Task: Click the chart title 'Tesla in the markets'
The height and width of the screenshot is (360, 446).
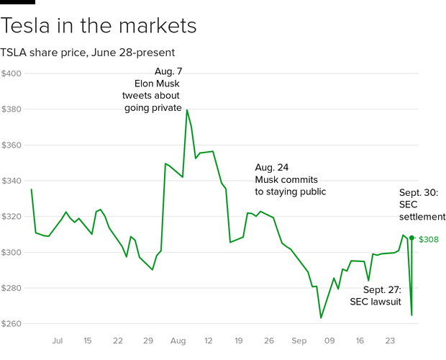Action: [99, 27]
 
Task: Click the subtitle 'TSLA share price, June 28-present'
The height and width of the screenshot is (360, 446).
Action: [88, 53]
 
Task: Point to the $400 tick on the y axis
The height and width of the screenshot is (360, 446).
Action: [12, 73]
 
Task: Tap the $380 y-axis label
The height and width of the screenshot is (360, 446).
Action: [12, 109]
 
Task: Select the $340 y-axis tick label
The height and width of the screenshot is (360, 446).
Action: [12, 181]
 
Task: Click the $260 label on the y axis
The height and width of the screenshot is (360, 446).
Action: [12, 324]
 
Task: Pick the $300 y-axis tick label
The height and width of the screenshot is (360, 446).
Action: [12, 252]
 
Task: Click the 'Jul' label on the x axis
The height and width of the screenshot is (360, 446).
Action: [58, 341]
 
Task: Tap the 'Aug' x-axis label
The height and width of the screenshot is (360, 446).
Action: [179, 341]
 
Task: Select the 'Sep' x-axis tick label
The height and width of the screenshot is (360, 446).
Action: [299, 341]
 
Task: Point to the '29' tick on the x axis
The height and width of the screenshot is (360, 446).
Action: [149, 341]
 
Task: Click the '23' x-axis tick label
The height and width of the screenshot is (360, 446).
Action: [390, 341]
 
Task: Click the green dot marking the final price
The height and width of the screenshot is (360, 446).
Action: [411, 238]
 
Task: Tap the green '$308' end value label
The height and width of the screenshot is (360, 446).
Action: [429, 238]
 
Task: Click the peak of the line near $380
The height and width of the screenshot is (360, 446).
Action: [187, 109]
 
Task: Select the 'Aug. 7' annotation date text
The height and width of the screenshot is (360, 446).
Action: [169, 71]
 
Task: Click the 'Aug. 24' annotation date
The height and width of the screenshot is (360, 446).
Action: [272, 167]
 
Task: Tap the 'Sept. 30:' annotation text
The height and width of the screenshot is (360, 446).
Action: [422, 192]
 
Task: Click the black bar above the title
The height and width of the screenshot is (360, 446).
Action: [17, 2]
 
